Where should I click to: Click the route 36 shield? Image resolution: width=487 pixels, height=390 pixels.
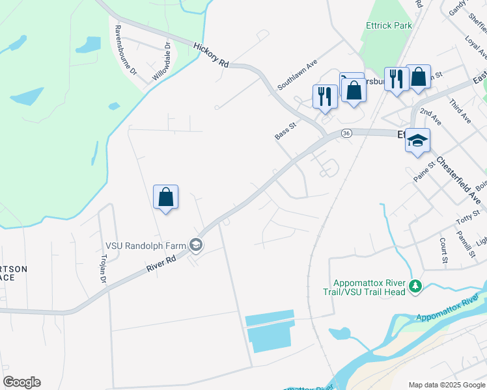(346, 133)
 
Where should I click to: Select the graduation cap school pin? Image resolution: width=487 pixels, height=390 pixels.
(417, 140)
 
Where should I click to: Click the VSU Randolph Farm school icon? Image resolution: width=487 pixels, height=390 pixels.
(196, 245)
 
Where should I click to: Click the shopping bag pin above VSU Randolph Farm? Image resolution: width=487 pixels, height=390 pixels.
(165, 197)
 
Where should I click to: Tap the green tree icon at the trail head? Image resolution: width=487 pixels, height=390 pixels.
(414, 285)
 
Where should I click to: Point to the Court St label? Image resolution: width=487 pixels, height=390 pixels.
(443, 250)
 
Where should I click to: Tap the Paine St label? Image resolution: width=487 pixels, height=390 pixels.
(424, 172)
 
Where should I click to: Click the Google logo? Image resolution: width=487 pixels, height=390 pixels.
(21, 382)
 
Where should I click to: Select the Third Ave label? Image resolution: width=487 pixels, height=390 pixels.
(460, 111)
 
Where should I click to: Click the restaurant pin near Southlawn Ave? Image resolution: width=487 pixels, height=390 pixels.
(324, 96)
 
